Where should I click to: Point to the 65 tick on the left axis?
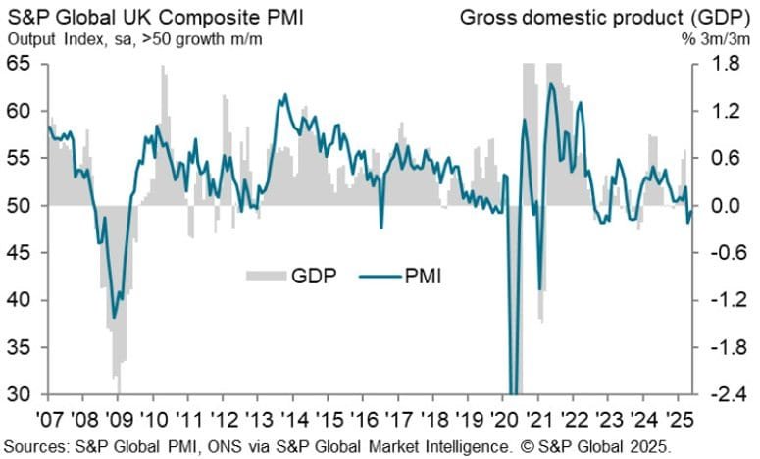[21, 64]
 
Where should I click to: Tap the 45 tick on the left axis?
[21, 253]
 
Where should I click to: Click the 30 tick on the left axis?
[21, 395]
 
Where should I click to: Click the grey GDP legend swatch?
[263, 277]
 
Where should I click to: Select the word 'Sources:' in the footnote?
[36, 446]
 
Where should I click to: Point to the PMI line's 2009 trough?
[115, 317]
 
